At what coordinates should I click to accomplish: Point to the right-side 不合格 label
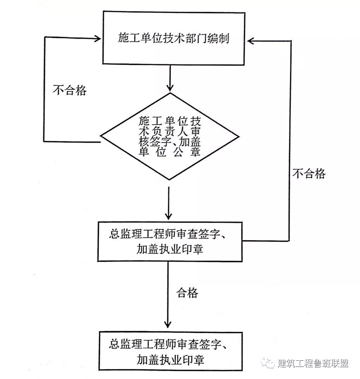pos(309,174)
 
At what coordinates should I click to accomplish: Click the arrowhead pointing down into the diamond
pos(169,87)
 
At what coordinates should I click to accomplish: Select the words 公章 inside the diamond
pos(189,152)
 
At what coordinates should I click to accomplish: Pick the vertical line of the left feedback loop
pos(45,89)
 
